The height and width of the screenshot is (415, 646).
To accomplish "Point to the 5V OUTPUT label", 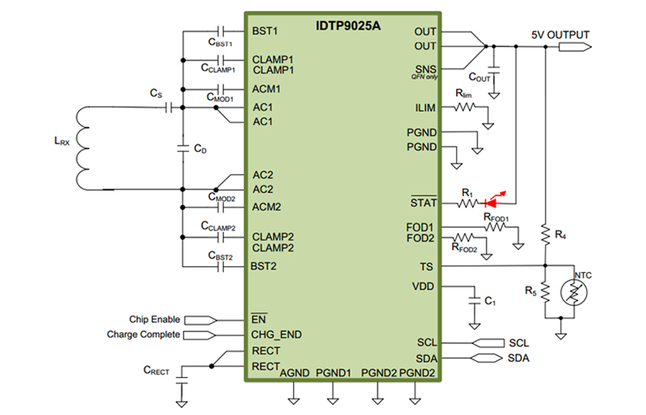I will [560, 35].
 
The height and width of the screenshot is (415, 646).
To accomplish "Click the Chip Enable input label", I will [154, 320].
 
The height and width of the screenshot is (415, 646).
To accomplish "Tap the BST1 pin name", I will [265, 31].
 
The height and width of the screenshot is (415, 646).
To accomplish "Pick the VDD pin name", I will [424, 286].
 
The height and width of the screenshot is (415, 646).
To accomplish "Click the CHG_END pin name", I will [276, 334].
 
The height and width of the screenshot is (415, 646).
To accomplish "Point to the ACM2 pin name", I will [266, 207].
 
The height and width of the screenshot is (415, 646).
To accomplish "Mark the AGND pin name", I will [295, 372].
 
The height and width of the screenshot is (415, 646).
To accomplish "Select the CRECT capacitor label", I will [156, 371].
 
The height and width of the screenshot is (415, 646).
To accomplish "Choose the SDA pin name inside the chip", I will [426, 358].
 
